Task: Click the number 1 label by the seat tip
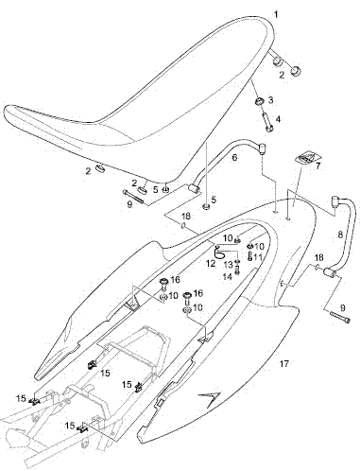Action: coord(276,14)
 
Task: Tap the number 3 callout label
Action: coord(270,100)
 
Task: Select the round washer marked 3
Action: coord(259,102)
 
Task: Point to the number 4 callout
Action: coord(278,119)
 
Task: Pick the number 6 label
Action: coord(234,157)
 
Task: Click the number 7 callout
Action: coord(317,166)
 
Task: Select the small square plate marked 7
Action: coord(307,156)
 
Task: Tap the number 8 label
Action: coord(340,235)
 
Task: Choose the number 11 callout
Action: coord(258,257)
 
